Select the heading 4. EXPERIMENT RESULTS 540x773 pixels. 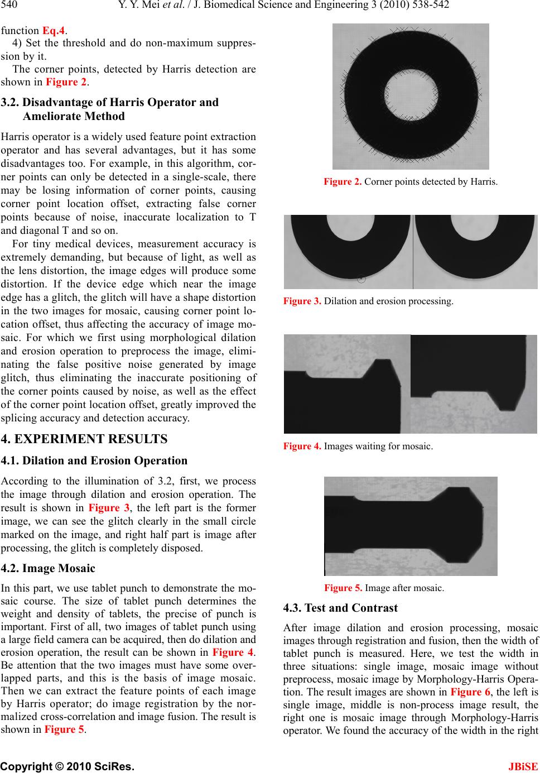click(x=84, y=439)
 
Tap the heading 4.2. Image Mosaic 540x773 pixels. click(x=49, y=569)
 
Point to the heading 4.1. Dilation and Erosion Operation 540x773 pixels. click(x=95, y=461)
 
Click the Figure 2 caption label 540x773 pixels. click(x=343, y=181)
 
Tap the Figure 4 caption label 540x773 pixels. click(x=302, y=446)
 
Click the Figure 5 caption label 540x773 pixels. click(x=343, y=588)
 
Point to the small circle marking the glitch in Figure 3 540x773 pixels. click(x=361, y=278)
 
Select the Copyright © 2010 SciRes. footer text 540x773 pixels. click(x=67, y=763)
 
